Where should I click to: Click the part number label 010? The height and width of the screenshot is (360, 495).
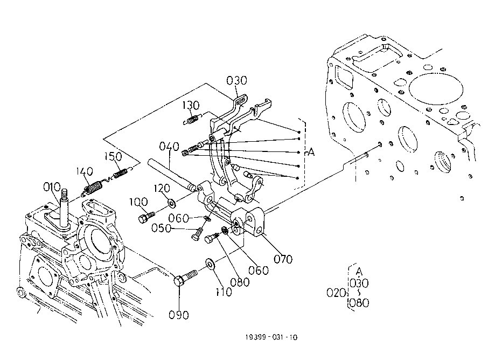pyautogui.click(x=53, y=188)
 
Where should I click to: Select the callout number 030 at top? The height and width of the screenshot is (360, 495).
pyautogui.click(x=236, y=81)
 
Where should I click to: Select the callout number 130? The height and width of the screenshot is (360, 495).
pyautogui.click(x=191, y=104)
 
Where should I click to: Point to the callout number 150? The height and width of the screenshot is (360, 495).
pyautogui.click(x=114, y=156)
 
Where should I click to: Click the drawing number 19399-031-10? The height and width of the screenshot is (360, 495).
pyautogui.click(x=270, y=338)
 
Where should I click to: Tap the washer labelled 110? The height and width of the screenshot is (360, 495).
pyautogui.click(x=209, y=265)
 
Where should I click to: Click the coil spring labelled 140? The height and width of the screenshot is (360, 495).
pyautogui.click(x=94, y=189)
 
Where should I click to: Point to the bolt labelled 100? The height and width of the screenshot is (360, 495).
pyautogui.click(x=145, y=218)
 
